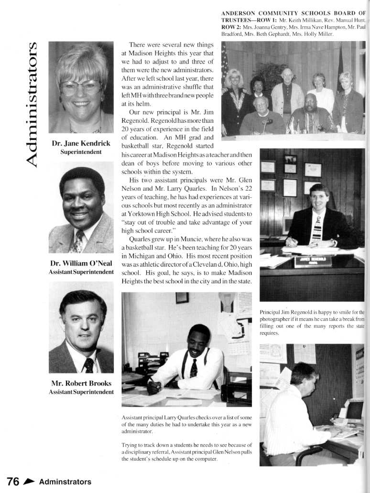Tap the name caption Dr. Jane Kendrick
pyautogui.click(x=81, y=143)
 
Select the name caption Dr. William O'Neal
pyautogui.click(x=81, y=263)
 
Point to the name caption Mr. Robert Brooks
pyautogui.click(x=81, y=383)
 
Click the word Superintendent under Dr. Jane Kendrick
pyautogui.click(x=81, y=152)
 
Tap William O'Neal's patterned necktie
pyautogui.click(x=77, y=242)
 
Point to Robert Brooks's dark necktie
pyautogui.click(x=89, y=365)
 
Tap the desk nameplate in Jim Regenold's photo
pyautogui.click(x=313, y=261)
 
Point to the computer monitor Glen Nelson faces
pyautogui.click(x=354, y=410)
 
